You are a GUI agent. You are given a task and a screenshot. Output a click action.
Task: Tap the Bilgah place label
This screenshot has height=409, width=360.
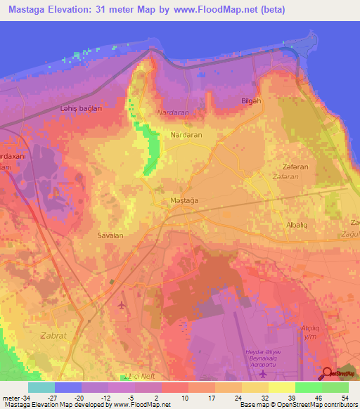pos(250,101)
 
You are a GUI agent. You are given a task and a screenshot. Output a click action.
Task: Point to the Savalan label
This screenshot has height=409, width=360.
pos(110,236)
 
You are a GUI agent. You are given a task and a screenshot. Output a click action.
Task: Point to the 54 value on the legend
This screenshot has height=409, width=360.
pos(345,397)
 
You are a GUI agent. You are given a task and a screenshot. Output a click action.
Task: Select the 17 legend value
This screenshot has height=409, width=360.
pos(212,397)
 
